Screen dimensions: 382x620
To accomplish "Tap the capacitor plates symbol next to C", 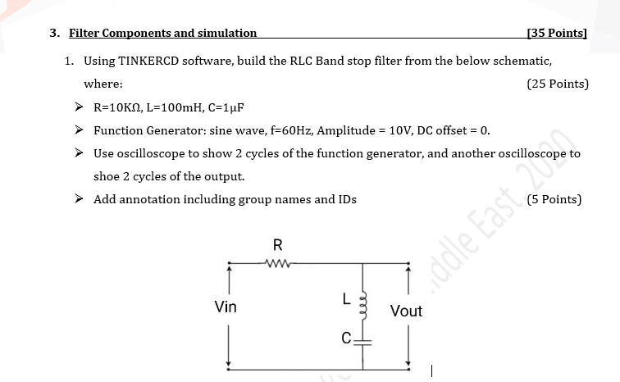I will pos(362,338).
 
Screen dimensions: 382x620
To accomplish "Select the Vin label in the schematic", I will pos(226,307).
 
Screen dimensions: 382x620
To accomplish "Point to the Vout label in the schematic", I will pos(406,311).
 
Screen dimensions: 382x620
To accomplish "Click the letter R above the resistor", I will pos(277,244).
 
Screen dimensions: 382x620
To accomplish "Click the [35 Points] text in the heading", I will pos(558,34).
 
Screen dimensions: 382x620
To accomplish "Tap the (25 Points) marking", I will pos(558,84).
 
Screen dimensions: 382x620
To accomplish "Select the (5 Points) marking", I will pos(555,198).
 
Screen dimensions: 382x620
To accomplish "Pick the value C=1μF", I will pos(226,107).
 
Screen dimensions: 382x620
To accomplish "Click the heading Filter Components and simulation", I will pos(162,34).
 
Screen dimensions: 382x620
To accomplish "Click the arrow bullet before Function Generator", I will pos(79,130).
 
